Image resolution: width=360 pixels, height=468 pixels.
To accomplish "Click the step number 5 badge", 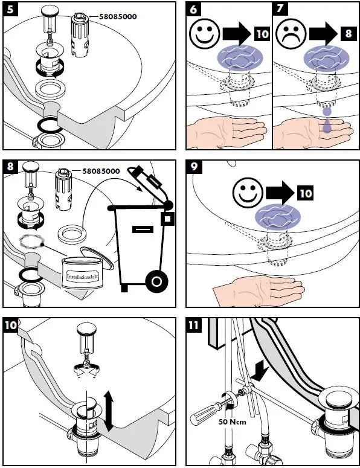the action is tap(10, 9).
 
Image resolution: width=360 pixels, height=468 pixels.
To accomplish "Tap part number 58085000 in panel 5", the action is tap(118, 17).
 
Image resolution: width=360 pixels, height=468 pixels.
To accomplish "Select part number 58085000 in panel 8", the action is tap(101, 171).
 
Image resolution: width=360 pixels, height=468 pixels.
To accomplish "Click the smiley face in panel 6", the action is tap(205, 34).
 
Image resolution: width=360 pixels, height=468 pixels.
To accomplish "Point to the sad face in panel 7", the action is tap(291, 34).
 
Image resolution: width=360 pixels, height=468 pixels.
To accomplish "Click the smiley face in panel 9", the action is tap(248, 193).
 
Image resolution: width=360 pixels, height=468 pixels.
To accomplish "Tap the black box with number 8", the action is tap(349, 33).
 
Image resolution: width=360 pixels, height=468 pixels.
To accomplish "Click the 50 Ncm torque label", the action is tap(232, 422).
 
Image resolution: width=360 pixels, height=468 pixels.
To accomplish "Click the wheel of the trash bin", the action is tap(156, 281).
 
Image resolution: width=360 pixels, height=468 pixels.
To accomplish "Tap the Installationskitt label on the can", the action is tap(82, 276).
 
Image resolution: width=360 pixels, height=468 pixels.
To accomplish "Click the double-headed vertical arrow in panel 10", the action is tap(109, 412).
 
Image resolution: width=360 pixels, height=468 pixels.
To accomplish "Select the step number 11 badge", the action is tap(194, 324).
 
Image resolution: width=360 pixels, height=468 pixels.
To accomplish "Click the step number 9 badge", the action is tap(194, 167).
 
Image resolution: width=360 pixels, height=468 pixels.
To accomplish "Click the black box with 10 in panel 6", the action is tap(262, 33).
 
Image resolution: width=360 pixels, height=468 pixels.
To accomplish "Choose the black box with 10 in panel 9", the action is tap(305, 193).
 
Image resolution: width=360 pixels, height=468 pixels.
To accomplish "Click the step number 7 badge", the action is tap(280, 9).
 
